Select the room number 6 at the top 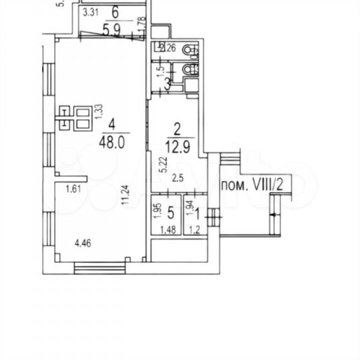tap(115, 11)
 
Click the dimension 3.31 tap(91, 11)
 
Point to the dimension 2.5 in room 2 tap(177, 177)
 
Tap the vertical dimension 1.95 tap(156, 211)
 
